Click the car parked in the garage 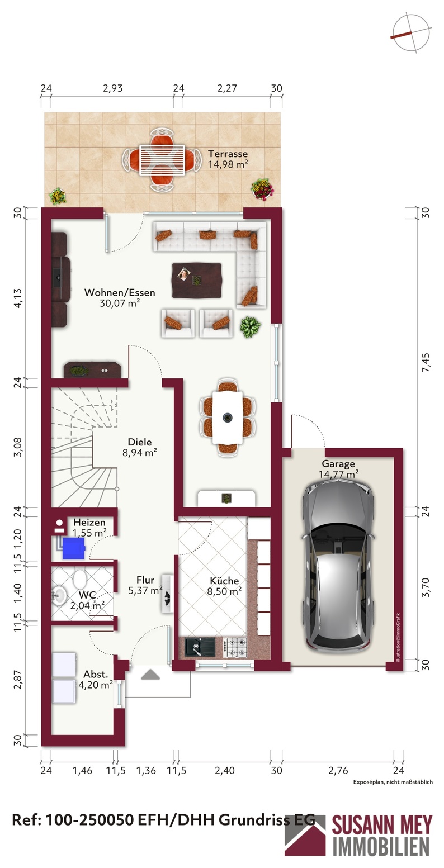[x=338, y=567]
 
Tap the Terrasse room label [x=228, y=154]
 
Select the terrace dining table [x=162, y=160]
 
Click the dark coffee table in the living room [x=197, y=281]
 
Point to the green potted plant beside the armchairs [x=250, y=327]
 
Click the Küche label [x=224, y=581]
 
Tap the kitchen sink [x=200, y=647]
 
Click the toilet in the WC [x=81, y=579]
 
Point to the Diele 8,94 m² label [x=140, y=447]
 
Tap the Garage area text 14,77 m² [x=338, y=474]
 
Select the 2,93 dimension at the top [x=112, y=88]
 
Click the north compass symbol [x=411, y=33]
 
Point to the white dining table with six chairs [x=228, y=417]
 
